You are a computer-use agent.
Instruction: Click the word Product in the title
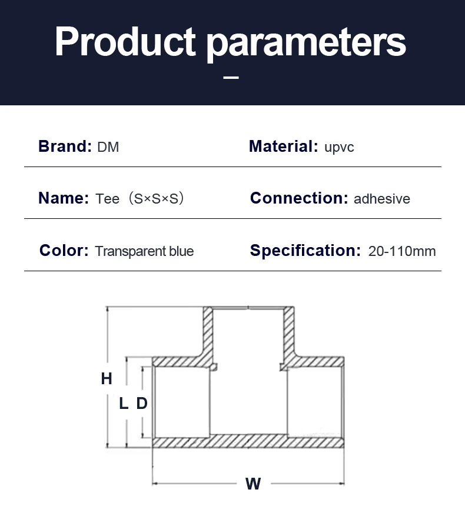tap(125, 41)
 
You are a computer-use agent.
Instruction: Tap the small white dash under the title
tap(231, 77)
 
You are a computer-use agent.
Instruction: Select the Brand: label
tap(65, 146)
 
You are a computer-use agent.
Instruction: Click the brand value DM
tap(108, 147)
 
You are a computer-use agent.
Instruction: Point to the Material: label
tap(283, 146)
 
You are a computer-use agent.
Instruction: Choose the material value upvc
tap(339, 147)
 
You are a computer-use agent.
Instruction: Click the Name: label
tap(64, 198)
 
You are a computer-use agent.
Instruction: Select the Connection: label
tap(299, 198)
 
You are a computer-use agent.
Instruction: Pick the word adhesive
tap(381, 199)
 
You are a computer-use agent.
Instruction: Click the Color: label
tap(64, 251)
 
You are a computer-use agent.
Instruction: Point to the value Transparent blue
tap(144, 252)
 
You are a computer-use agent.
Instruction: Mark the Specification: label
tap(305, 251)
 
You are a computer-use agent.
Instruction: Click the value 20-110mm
tap(402, 252)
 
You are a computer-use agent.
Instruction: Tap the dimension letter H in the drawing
tap(107, 379)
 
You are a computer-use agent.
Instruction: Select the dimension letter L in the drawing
tap(124, 404)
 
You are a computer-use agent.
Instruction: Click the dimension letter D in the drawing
tap(142, 404)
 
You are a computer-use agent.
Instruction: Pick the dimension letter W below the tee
tap(253, 484)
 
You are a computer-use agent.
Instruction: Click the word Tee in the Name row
tap(107, 199)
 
